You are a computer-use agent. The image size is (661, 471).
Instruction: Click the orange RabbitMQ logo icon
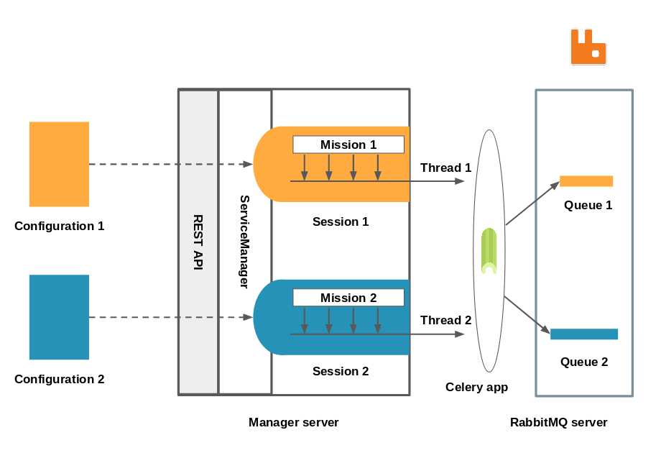click(588, 47)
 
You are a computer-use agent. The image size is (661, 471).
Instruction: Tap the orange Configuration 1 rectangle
click(59, 164)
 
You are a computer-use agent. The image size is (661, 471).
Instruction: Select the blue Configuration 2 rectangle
click(59, 317)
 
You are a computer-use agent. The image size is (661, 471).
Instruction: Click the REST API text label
click(198, 242)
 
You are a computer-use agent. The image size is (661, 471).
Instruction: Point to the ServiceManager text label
click(244, 242)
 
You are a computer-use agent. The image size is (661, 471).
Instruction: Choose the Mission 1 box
click(348, 145)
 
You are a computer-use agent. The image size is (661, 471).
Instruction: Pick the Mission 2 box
click(348, 298)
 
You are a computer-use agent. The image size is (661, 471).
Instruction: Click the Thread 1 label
click(445, 168)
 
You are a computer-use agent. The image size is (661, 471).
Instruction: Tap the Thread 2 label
click(445, 320)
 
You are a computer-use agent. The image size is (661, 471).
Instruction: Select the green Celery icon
click(489, 250)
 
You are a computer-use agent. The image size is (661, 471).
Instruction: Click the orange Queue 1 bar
click(586, 181)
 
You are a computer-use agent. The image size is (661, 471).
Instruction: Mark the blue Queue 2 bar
click(584, 334)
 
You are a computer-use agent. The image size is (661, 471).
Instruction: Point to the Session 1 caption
click(341, 221)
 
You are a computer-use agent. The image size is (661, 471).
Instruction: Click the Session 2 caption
click(341, 371)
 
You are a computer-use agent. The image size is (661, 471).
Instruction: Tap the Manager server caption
click(293, 422)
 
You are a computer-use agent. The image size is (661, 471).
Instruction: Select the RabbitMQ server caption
click(558, 422)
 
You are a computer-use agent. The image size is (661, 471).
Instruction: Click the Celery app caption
click(476, 387)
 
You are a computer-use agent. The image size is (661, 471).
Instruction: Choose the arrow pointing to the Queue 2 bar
click(527, 314)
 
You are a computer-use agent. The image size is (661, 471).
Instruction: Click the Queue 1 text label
click(588, 205)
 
